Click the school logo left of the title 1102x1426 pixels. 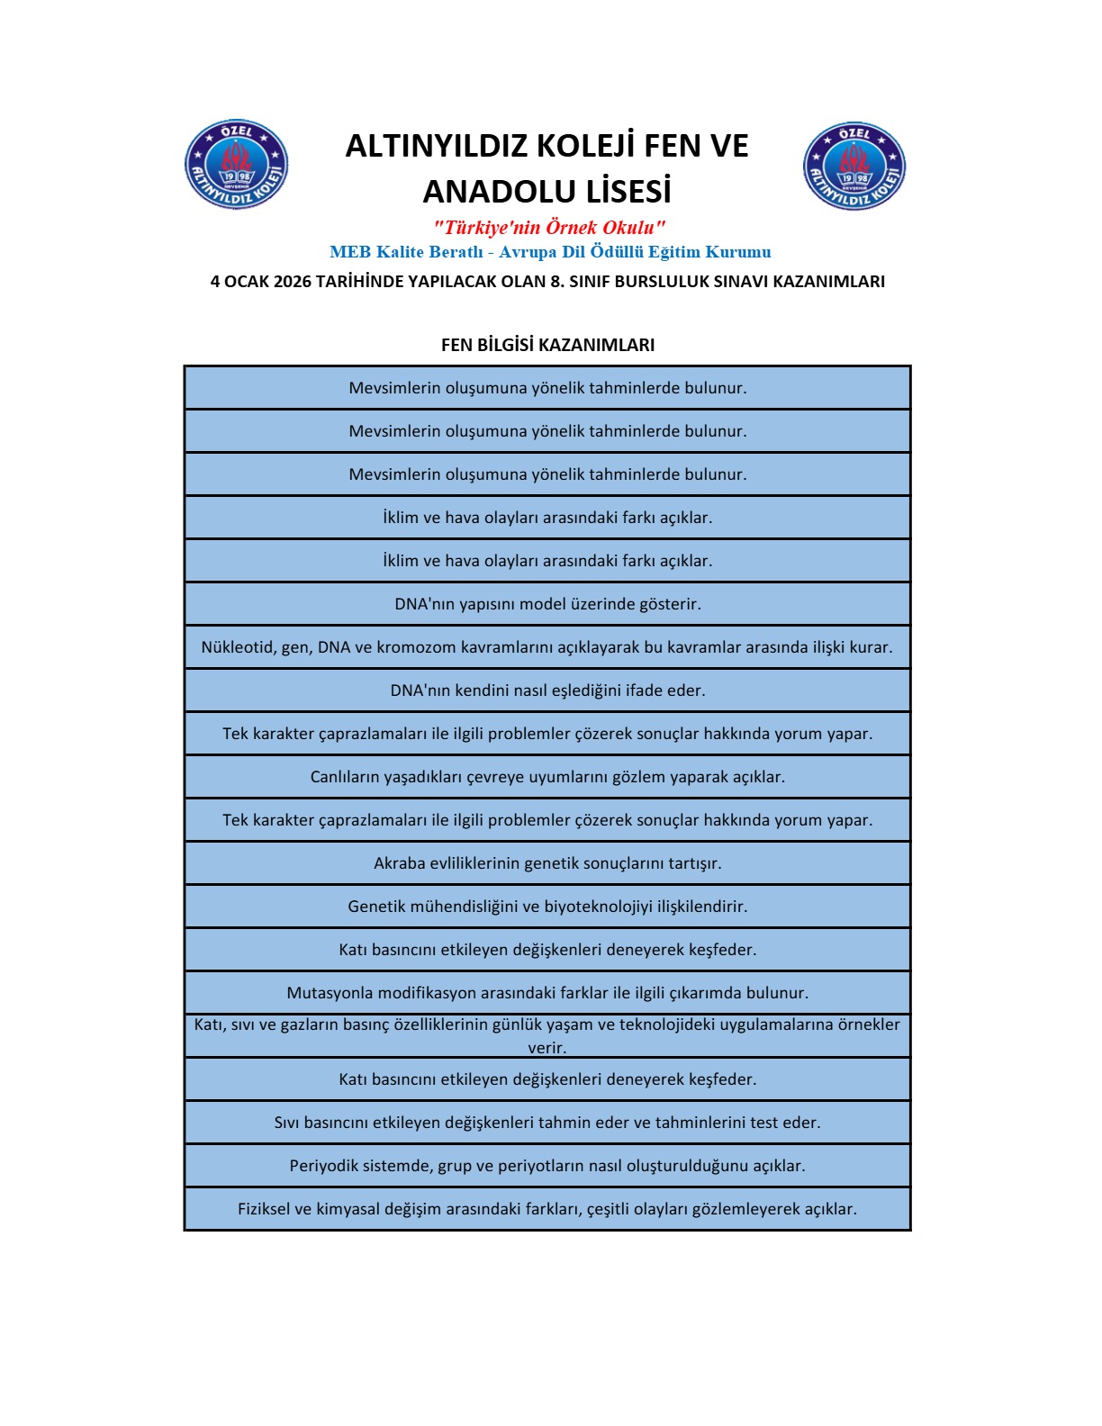pos(236,165)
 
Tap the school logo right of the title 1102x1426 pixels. pos(854,167)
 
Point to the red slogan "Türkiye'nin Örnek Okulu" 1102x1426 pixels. pos(548,227)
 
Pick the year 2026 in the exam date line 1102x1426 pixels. pos(292,282)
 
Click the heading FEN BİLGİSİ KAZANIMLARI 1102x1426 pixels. pos(547,345)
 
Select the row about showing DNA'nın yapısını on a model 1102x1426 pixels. pos(547,604)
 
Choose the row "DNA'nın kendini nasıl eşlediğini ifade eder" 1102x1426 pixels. pos(547,690)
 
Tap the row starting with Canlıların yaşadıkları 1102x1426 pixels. pos(547,777)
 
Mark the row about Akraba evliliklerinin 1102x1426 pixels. pos(547,863)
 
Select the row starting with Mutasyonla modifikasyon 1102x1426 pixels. pos(547,993)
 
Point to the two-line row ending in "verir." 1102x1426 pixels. pos(547,1035)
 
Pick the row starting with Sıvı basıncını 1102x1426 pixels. pos(547,1123)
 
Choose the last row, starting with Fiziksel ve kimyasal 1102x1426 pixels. pos(547,1209)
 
